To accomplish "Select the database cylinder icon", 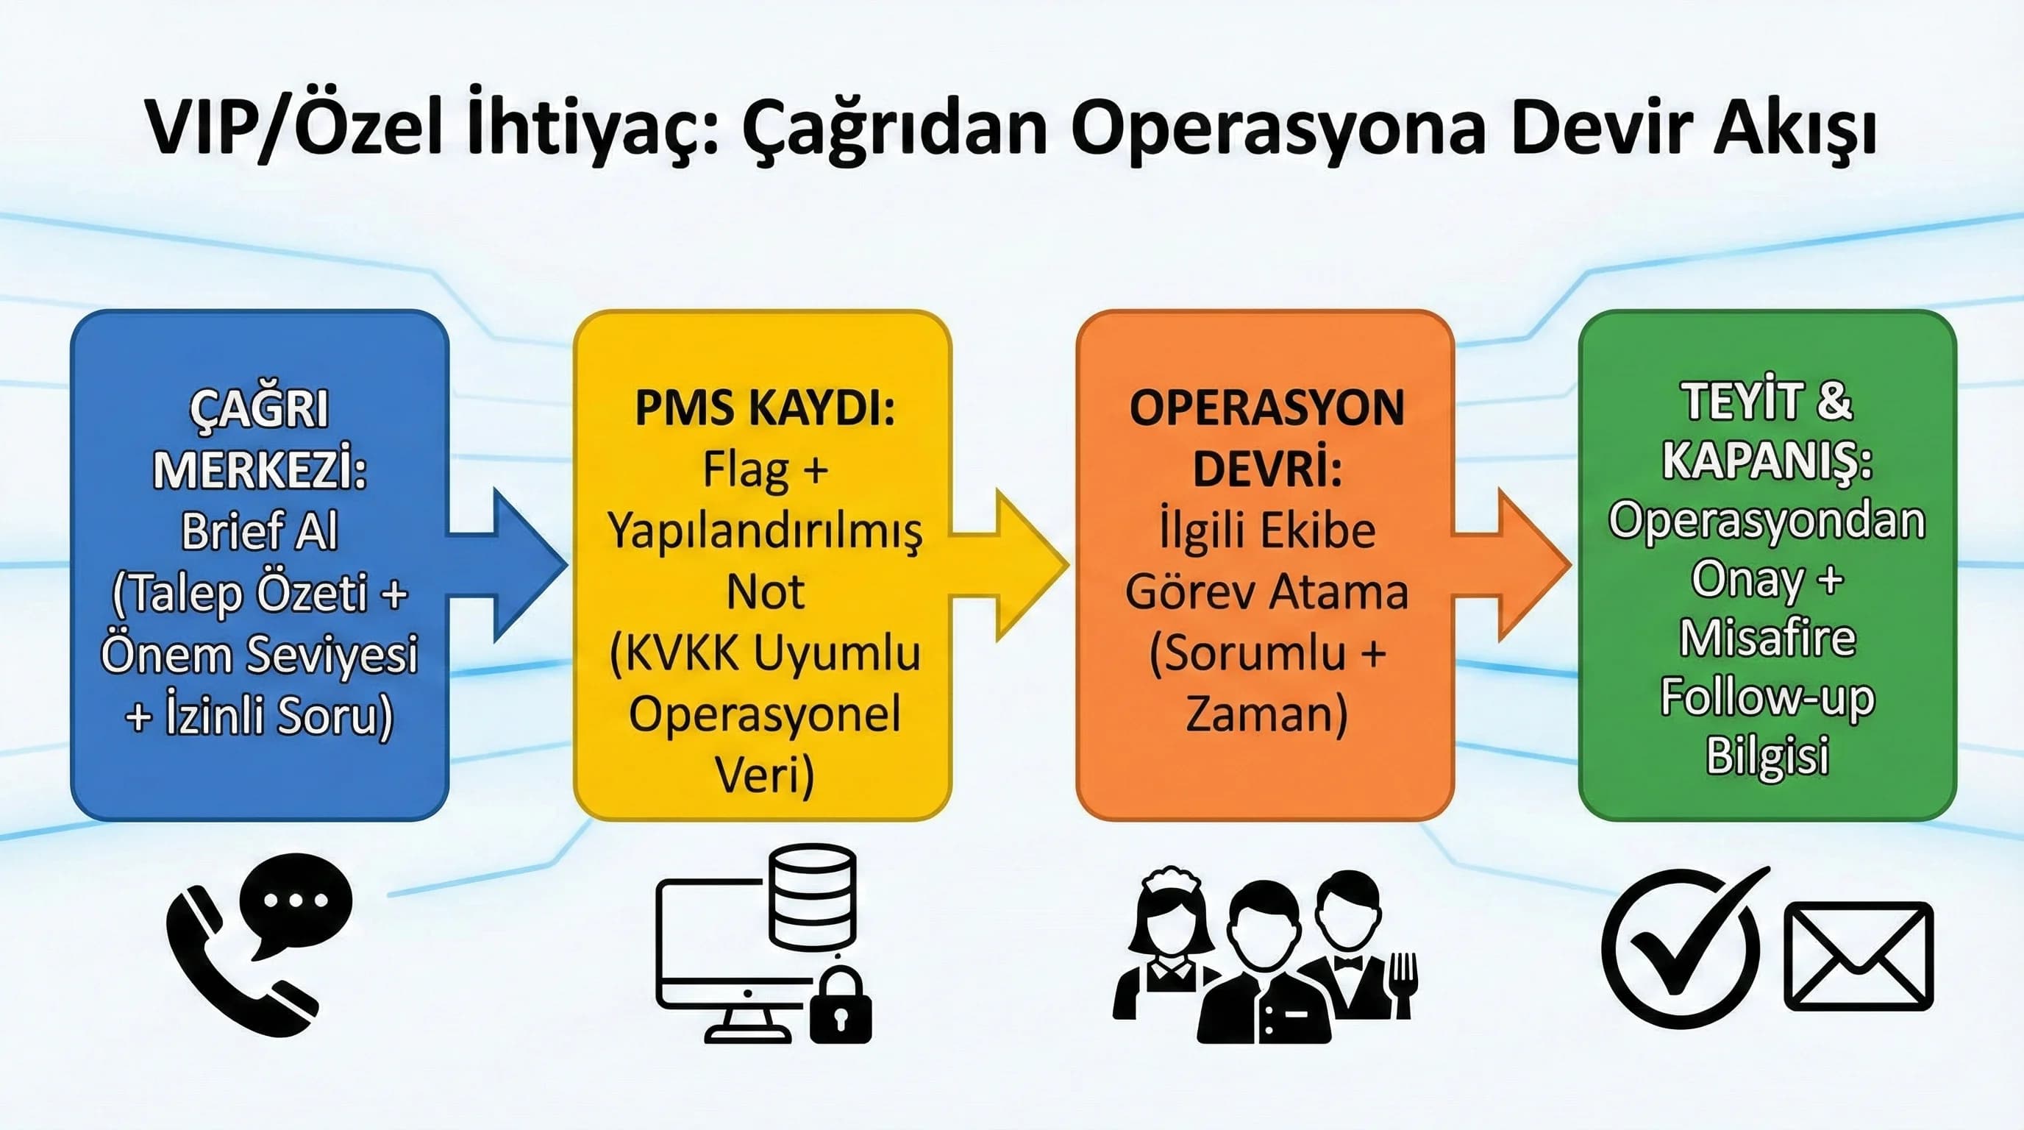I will (813, 896).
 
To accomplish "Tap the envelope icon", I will (1859, 956).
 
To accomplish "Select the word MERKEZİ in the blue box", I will (260, 470).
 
